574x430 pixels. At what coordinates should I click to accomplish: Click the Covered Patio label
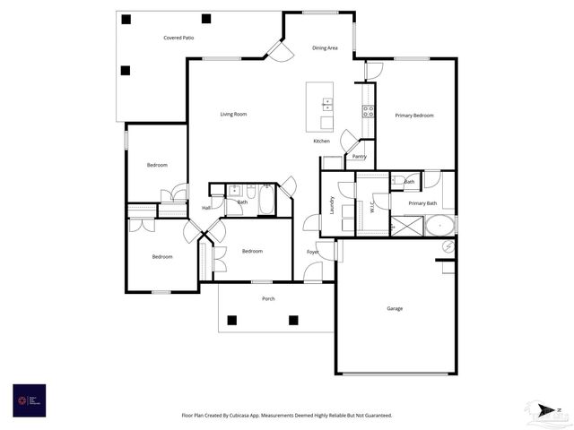click(x=178, y=38)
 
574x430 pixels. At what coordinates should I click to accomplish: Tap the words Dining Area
click(x=325, y=47)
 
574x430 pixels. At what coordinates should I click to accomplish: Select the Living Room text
click(x=233, y=114)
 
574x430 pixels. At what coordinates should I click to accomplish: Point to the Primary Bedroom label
click(x=414, y=116)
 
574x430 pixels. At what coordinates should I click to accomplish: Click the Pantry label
click(x=359, y=157)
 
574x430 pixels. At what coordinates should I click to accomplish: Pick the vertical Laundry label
click(x=330, y=203)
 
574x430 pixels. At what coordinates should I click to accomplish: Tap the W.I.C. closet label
click(x=371, y=205)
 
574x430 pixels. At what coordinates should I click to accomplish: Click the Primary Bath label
click(x=422, y=203)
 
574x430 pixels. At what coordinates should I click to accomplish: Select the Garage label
click(x=395, y=308)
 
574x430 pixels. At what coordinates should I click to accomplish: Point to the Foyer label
click(x=312, y=252)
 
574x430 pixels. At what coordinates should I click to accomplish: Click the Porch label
click(x=268, y=298)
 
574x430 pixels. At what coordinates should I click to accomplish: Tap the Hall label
click(x=206, y=208)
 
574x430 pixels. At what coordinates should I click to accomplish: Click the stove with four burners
click(x=368, y=111)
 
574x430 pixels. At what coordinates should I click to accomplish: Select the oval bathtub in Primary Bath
click(x=439, y=225)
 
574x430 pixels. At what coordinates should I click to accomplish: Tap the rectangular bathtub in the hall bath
click(x=266, y=201)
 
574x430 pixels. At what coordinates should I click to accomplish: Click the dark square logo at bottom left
click(x=29, y=400)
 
